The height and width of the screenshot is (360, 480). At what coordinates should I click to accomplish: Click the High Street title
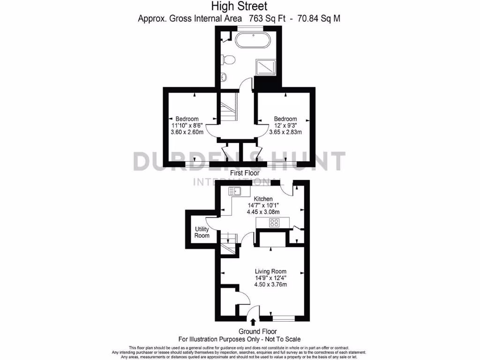(x=240, y=6)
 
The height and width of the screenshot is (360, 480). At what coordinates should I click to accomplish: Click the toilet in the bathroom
(x=229, y=60)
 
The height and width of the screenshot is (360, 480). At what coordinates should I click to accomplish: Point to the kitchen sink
(x=234, y=191)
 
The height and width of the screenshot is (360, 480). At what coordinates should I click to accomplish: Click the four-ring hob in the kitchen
(x=274, y=223)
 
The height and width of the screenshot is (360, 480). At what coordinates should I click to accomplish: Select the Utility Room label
(x=202, y=232)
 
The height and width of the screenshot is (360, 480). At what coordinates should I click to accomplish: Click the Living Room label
(x=270, y=271)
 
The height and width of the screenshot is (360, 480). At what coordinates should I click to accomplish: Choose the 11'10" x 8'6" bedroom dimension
(x=187, y=125)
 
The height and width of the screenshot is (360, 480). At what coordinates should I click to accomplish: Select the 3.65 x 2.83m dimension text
(x=285, y=132)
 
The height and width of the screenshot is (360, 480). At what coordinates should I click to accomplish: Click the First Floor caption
(x=244, y=173)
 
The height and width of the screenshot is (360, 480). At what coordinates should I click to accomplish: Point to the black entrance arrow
(x=254, y=322)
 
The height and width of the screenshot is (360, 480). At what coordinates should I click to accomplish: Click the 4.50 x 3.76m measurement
(x=270, y=284)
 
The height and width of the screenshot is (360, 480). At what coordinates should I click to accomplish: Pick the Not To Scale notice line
(x=240, y=339)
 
